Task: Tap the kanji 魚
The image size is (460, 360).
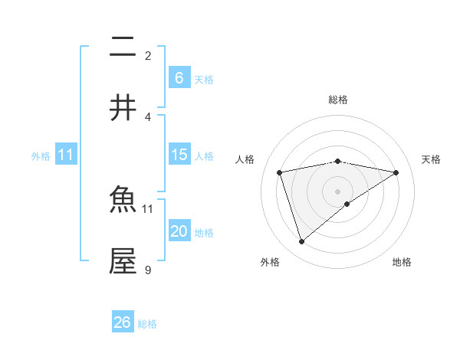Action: (123, 201)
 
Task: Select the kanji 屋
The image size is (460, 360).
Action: (123, 261)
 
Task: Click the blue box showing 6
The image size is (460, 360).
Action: (179, 77)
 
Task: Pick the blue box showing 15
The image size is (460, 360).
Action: (179, 155)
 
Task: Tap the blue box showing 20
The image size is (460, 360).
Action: (179, 231)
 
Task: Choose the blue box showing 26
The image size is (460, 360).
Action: (123, 322)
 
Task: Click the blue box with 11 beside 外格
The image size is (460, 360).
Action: (66, 155)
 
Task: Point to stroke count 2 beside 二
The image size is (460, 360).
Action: (148, 55)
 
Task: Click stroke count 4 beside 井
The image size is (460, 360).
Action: (148, 116)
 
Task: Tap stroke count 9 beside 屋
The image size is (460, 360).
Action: (148, 270)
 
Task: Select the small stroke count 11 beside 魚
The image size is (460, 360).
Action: (148, 208)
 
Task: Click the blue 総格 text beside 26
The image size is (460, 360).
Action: (148, 324)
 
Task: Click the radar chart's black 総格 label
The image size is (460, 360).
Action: (338, 100)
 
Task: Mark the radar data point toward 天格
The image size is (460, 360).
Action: (396, 172)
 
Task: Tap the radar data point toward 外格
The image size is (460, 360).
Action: (301, 242)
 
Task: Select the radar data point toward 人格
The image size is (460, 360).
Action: (279, 172)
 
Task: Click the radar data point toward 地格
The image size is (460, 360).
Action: (347, 204)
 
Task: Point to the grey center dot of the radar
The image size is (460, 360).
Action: (338, 190)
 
